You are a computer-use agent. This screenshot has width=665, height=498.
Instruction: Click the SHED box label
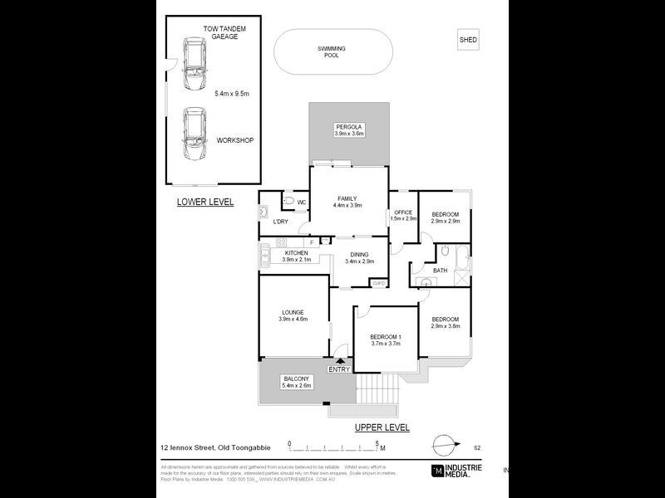point(469,40)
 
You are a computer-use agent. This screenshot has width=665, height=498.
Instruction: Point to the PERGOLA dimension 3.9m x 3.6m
point(349,133)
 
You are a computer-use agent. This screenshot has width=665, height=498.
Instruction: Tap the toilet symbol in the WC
point(288,202)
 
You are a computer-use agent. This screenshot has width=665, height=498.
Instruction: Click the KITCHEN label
point(296,253)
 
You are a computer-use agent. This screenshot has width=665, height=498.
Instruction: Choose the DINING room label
point(359,256)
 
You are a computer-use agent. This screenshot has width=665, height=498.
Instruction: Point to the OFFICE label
point(403,213)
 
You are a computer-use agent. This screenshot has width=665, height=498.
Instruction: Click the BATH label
point(441,270)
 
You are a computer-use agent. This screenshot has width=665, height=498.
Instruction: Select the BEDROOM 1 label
point(386,336)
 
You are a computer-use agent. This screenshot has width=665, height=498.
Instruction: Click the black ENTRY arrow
point(339,359)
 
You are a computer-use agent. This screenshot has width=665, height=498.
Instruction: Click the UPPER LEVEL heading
point(382,427)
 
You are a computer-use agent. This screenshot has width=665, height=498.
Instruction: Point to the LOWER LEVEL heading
point(205,202)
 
